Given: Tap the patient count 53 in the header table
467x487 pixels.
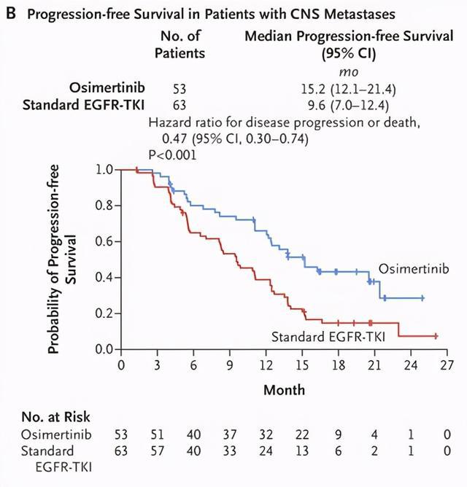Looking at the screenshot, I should click(x=180, y=89).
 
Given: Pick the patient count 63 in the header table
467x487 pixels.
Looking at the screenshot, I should click(x=180, y=106).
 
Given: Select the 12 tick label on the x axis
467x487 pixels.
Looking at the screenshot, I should click(x=266, y=365).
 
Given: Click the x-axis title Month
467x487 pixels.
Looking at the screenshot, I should click(x=284, y=390).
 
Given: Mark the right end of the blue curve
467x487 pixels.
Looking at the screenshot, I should click(x=422, y=298).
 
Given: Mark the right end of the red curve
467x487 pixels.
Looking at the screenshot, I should click(x=436, y=336).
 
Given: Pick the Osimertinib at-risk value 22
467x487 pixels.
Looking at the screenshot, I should click(x=303, y=435).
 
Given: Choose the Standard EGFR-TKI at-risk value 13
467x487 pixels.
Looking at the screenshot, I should click(x=303, y=451).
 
